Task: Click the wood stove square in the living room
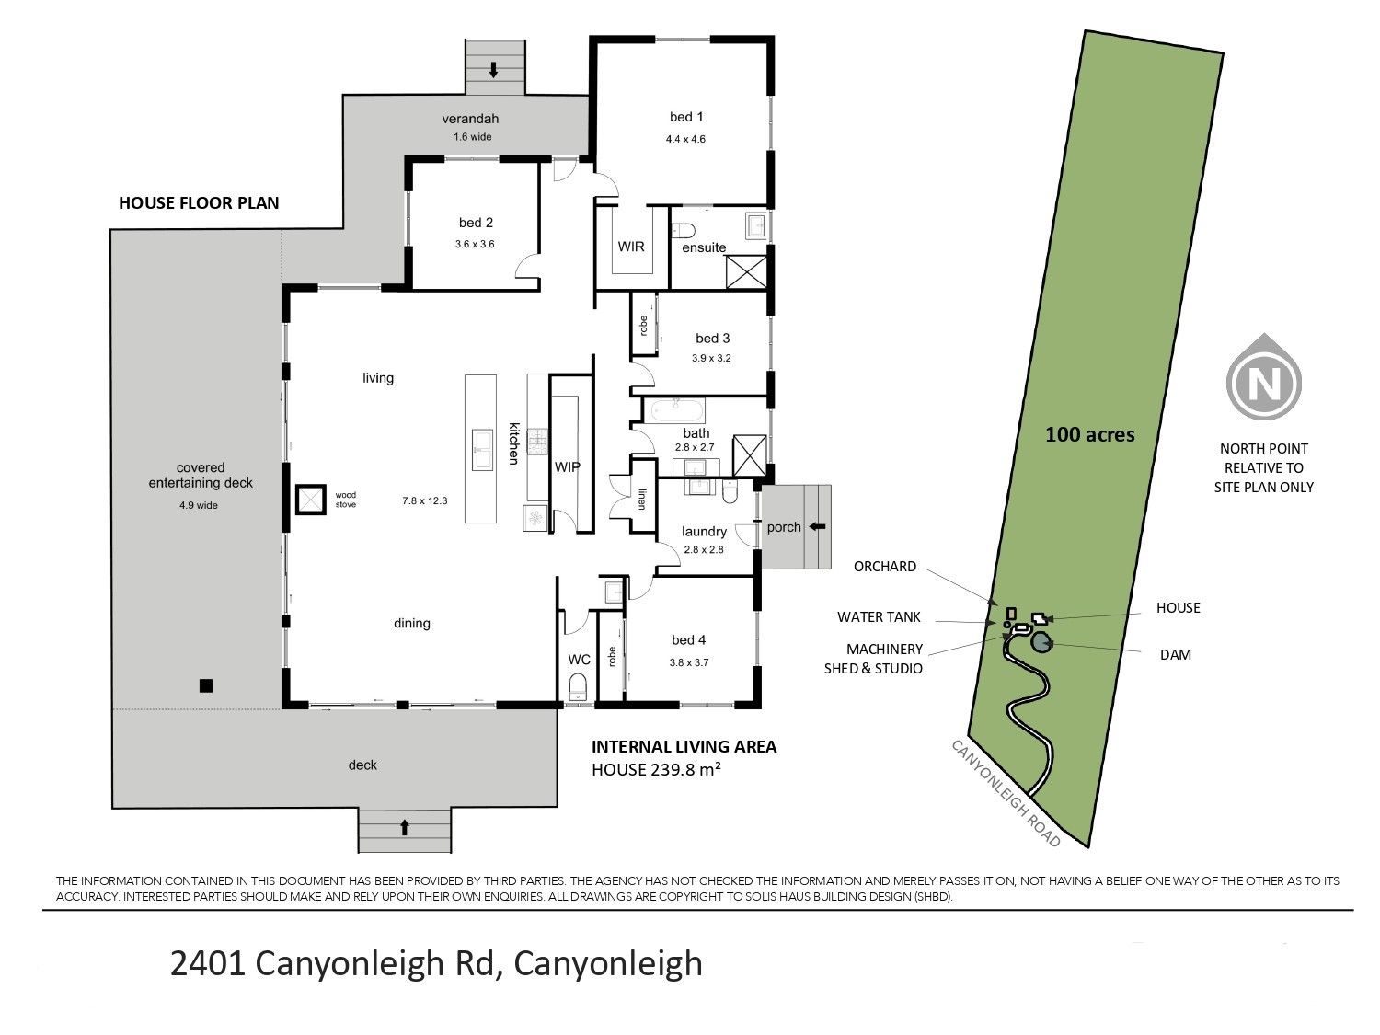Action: [x=311, y=500]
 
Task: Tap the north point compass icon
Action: [x=1263, y=382]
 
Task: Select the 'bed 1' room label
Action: [x=686, y=117]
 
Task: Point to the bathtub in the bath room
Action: [x=678, y=411]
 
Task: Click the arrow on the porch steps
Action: [x=817, y=526]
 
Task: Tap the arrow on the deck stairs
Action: [x=405, y=828]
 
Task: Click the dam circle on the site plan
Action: [x=1041, y=642]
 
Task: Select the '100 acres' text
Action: [x=1089, y=434]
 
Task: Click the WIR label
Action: [x=630, y=247]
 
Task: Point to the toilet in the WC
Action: [x=577, y=686]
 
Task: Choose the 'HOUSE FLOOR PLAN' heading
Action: [x=199, y=203]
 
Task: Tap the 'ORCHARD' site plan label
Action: [x=885, y=566]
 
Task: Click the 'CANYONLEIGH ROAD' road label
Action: [x=1006, y=793]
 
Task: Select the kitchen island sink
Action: [x=482, y=449]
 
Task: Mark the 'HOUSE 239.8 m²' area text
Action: [x=656, y=769]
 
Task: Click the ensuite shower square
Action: [x=746, y=271]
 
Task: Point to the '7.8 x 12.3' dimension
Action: [x=425, y=500]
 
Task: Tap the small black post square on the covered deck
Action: [x=205, y=685]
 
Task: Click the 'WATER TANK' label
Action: [x=879, y=617]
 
